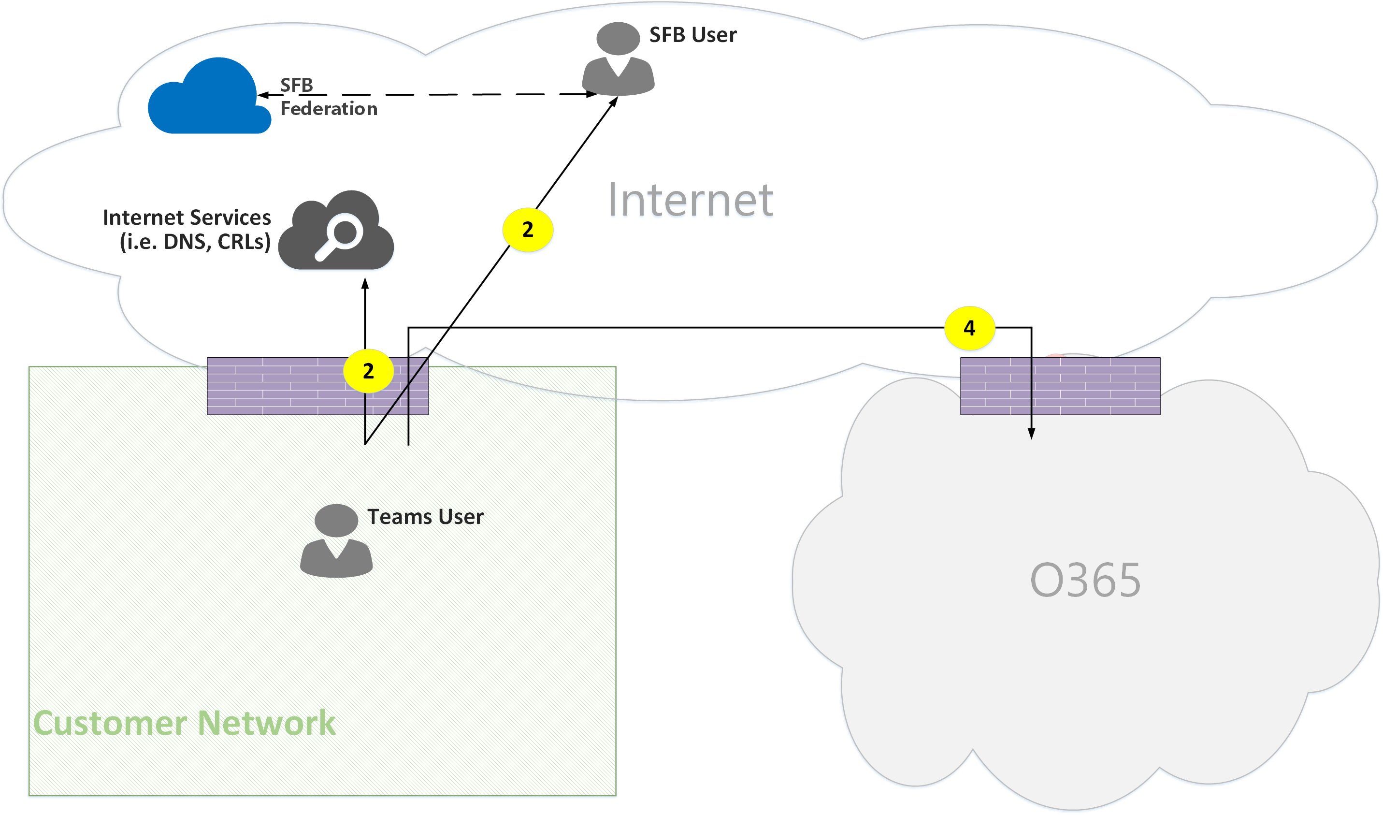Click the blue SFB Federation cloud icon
pos(209,99)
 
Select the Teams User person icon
pos(336,541)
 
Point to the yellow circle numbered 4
pos(969,328)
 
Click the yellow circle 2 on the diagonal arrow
pos(528,230)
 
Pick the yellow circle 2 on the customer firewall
pos(368,371)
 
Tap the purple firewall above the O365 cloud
pos(1060,386)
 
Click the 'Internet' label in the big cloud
pos(691,201)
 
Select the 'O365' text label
pos(1085,581)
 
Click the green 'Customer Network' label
pos(184,723)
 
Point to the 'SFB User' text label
pos(693,35)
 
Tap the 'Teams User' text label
pos(426,517)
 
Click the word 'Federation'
pos(329,109)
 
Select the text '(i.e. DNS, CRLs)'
pos(195,242)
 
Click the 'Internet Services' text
pos(187,218)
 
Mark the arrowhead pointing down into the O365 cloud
pos(1032,434)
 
